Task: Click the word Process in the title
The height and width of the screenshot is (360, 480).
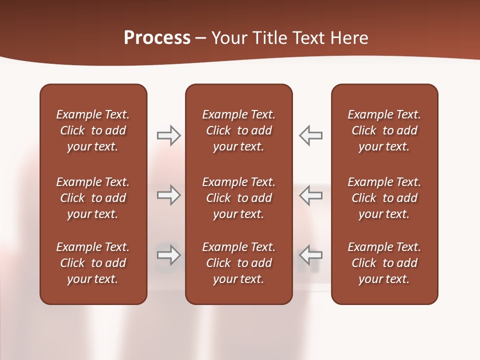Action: click(x=157, y=38)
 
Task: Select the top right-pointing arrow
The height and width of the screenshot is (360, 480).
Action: click(x=168, y=135)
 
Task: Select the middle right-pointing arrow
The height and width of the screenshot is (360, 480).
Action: click(x=168, y=195)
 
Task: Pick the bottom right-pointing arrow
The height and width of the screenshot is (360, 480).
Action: click(x=168, y=255)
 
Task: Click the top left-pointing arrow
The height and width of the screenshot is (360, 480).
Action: click(x=310, y=135)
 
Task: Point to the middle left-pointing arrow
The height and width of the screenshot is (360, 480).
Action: click(x=310, y=195)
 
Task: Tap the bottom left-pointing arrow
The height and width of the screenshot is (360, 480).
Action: click(x=310, y=255)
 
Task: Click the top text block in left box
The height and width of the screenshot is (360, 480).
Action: click(x=93, y=130)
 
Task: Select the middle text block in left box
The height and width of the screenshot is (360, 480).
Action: click(x=93, y=198)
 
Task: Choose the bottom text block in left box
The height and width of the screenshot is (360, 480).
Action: click(x=93, y=263)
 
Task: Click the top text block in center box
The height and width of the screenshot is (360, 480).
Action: click(x=239, y=130)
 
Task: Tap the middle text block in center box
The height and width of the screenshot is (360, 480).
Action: click(x=239, y=198)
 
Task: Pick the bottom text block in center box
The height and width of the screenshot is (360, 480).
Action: click(x=239, y=263)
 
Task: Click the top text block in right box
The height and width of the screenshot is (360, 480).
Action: click(x=384, y=130)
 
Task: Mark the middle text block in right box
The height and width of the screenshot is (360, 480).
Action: click(x=384, y=198)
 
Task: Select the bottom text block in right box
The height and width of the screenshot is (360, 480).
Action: click(x=384, y=263)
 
